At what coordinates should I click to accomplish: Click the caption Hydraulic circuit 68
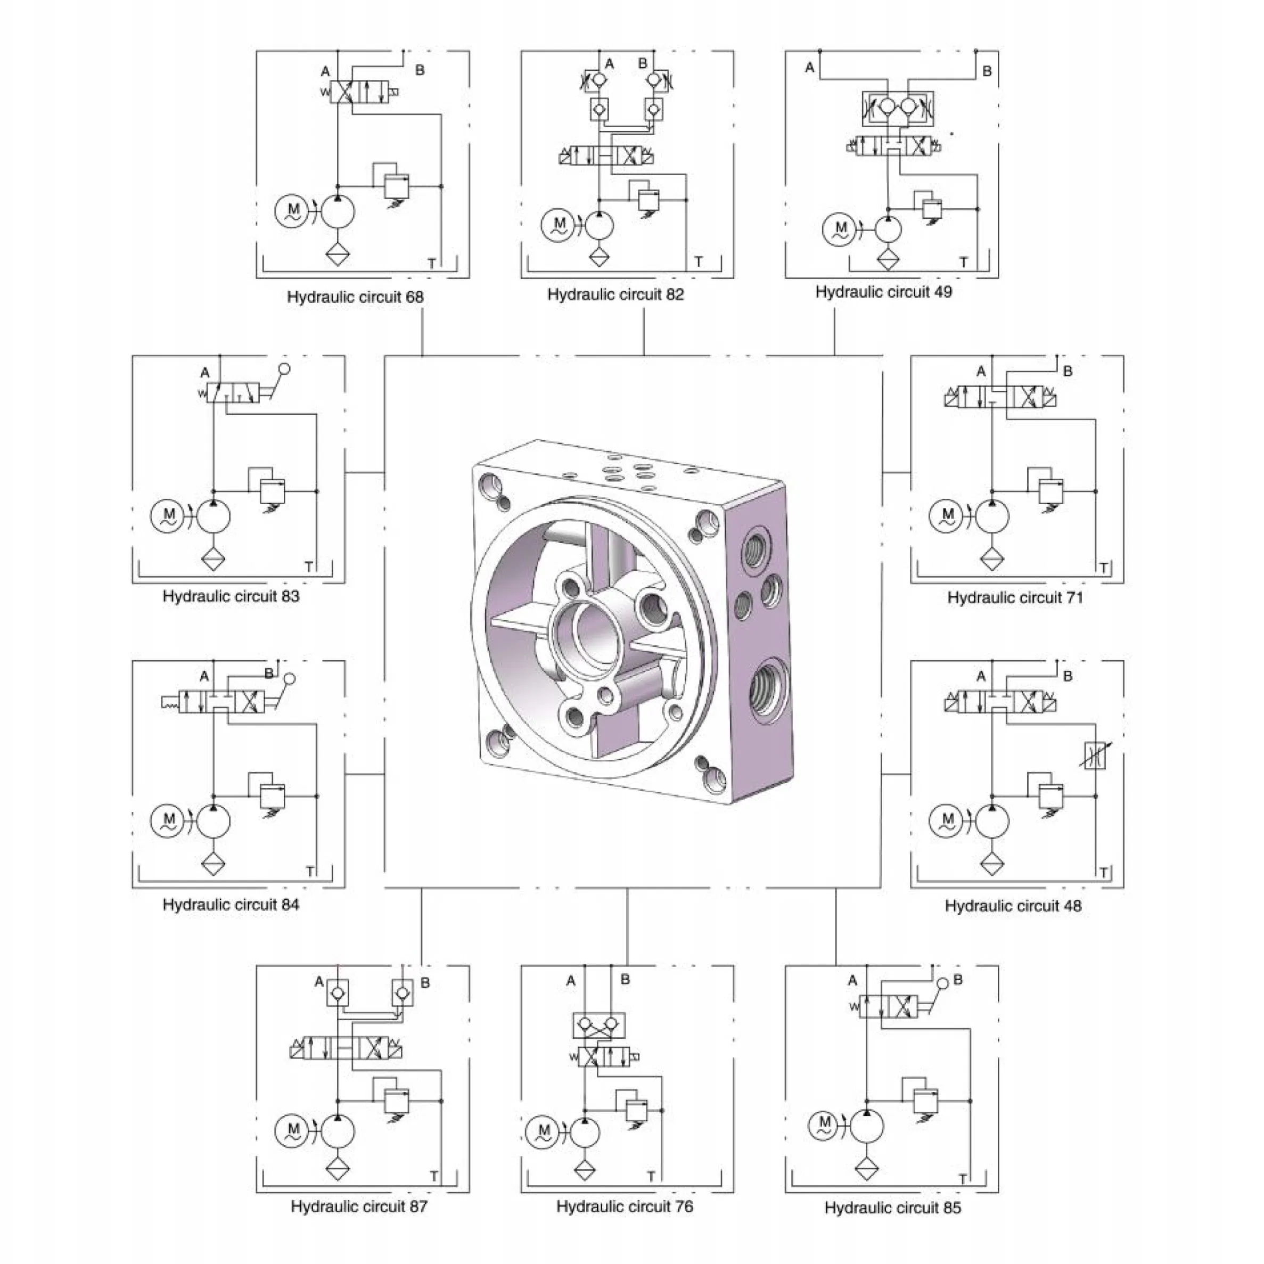click(x=355, y=297)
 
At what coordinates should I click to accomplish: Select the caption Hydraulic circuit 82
click(x=615, y=294)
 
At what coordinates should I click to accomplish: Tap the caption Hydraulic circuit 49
click(x=883, y=292)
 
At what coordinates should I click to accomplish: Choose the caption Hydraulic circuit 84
click(x=231, y=905)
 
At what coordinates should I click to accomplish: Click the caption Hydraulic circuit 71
click(x=1015, y=597)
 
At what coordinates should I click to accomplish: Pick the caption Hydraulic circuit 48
click(x=1013, y=906)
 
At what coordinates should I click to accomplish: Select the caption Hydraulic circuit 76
click(x=625, y=1206)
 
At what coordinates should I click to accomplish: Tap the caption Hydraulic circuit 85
click(x=893, y=1208)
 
